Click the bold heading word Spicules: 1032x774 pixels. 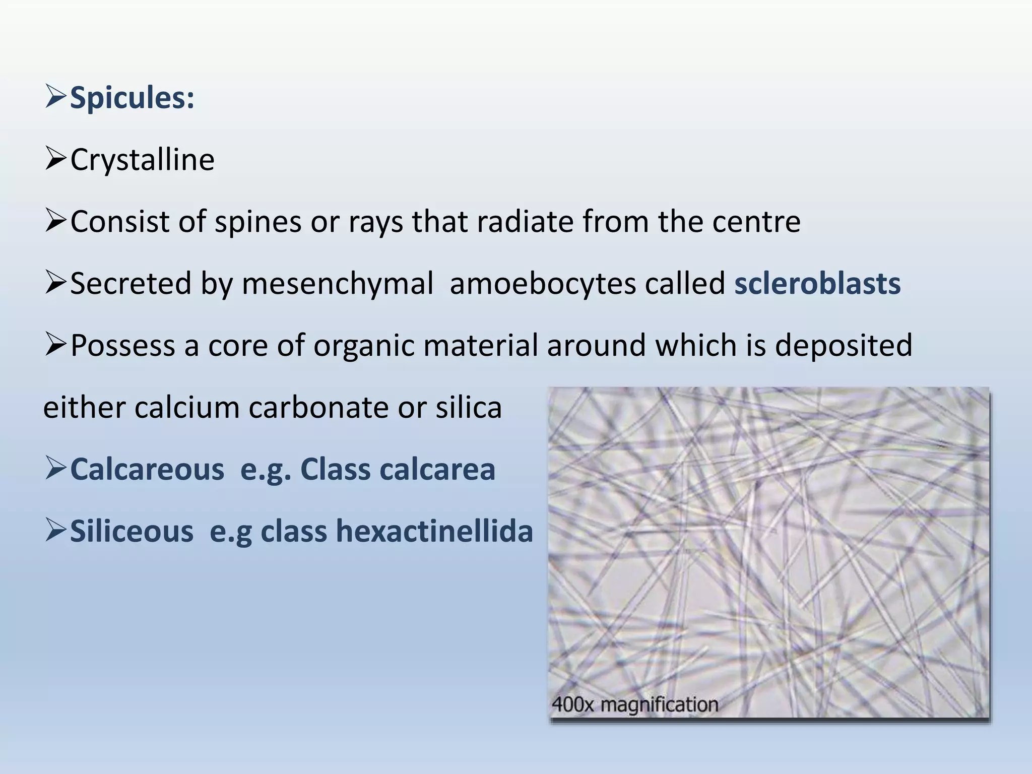[x=132, y=98]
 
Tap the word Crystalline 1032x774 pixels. [x=143, y=160]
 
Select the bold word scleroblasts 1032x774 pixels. [x=817, y=283]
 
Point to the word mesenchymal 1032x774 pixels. [x=338, y=283]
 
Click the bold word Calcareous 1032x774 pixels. [x=147, y=469]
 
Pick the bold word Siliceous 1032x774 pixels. [x=132, y=531]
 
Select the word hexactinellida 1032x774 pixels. [x=434, y=531]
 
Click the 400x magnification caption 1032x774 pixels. [x=635, y=704]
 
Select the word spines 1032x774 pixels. [x=257, y=222]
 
